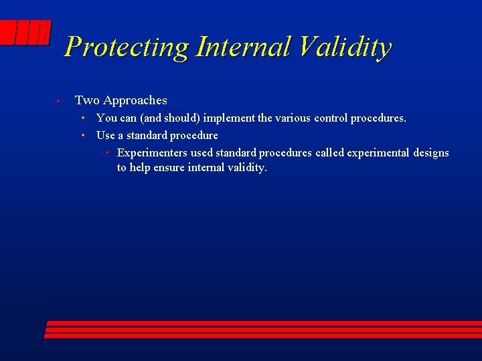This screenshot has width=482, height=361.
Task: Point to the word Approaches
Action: coord(135,100)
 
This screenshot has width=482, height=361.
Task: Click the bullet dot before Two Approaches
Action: coord(59,101)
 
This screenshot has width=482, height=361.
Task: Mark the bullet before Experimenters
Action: coord(107,153)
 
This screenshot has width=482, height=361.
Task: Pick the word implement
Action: coord(228,118)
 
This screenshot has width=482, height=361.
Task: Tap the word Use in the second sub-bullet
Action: coord(106,136)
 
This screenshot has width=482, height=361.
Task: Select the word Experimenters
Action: coord(152,153)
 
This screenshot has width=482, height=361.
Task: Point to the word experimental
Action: coord(378,153)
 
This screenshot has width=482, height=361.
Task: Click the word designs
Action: coord(431,153)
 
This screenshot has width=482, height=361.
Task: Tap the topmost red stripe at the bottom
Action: coord(264,324)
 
